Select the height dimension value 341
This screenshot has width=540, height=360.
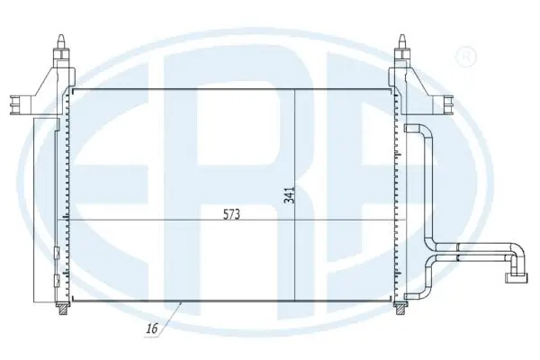289,194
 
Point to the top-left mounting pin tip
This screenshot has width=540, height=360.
61,39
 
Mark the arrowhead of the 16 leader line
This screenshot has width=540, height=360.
184,303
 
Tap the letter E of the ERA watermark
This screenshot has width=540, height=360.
99,180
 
